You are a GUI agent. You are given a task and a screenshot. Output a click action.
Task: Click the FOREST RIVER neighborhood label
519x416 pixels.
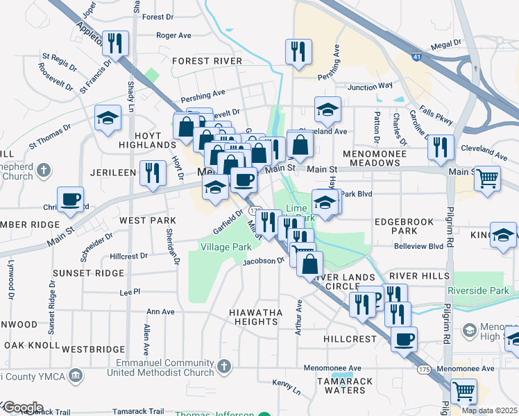pos(207,61)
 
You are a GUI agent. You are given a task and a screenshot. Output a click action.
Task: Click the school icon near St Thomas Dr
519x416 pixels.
pos(108,118)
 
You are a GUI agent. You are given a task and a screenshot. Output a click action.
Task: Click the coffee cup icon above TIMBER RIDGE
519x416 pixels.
pos(71,200)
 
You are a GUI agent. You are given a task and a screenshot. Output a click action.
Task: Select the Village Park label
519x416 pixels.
pos(226,247)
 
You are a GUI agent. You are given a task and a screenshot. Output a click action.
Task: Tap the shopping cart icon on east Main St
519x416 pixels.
pos(487,178)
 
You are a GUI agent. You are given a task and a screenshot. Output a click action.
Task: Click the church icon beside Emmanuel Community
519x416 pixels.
pos(223,365)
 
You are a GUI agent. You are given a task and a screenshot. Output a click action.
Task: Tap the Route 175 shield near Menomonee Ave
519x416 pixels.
pos(423,370)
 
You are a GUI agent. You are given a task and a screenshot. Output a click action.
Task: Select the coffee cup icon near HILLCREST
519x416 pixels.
pos(404,340)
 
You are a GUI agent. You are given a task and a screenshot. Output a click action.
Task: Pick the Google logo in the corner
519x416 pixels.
pos(22,408)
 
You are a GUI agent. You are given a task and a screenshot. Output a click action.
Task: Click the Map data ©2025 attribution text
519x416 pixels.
pos(489,410)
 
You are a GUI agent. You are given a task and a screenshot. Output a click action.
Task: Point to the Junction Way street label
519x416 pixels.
pos(370,87)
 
